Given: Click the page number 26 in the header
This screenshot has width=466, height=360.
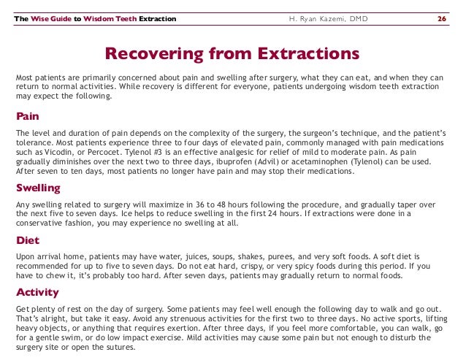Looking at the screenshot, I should tap(441, 18).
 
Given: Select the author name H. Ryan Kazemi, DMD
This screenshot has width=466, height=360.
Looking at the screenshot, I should tap(326, 18).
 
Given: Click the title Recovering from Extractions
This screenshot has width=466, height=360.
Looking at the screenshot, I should tap(232, 54).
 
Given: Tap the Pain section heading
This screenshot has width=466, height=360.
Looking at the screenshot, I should tap(28, 116).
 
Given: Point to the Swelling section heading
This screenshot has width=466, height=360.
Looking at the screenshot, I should tap(38, 188).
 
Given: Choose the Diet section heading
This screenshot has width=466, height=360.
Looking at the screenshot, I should tap(28, 240).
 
